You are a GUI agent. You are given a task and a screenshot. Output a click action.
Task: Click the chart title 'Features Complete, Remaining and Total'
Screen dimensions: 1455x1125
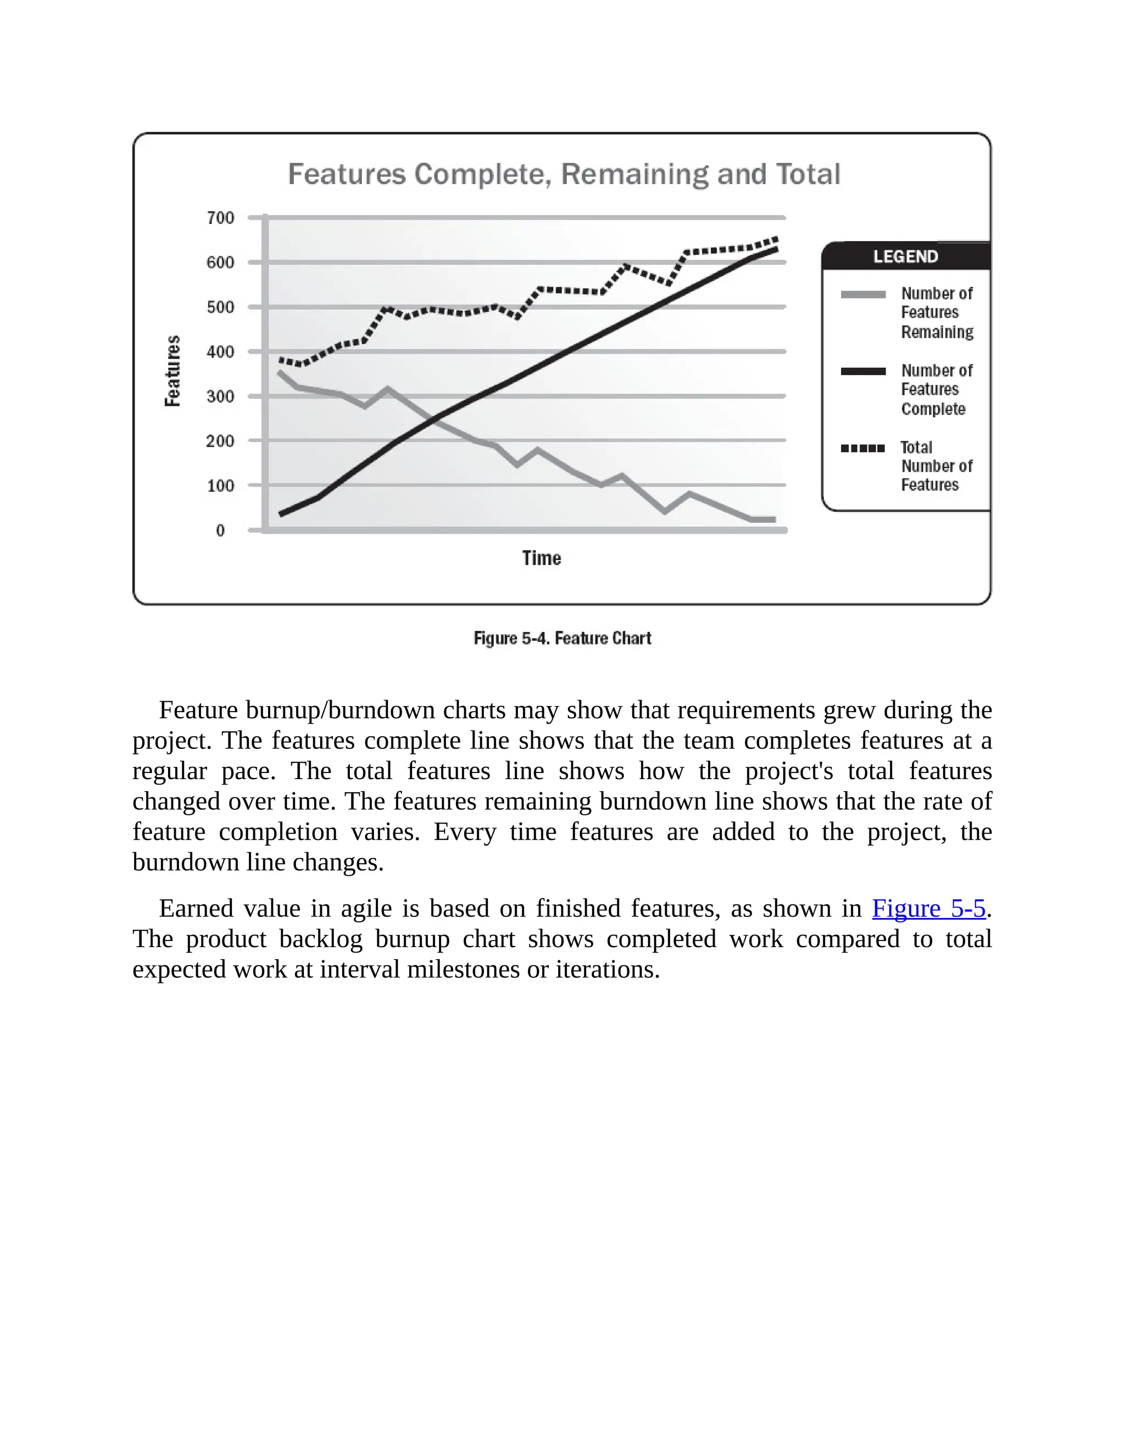click(x=564, y=175)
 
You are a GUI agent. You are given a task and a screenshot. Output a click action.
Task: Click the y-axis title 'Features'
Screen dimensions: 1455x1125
click(x=172, y=371)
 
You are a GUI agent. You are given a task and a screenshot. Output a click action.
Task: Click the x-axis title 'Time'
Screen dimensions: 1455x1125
click(x=541, y=558)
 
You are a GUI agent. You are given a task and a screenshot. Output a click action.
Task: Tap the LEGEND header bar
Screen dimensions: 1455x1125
click(x=906, y=256)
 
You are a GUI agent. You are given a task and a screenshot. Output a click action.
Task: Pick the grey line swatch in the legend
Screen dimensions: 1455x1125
click(x=863, y=294)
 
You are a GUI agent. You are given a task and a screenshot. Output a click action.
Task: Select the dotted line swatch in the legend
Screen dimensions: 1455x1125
click(x=863, y=449)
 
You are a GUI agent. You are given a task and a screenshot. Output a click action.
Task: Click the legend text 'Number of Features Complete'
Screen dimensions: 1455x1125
click(x=937, y=390)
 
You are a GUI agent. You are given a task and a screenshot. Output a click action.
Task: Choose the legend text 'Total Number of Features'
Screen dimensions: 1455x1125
click(x=937, y=466)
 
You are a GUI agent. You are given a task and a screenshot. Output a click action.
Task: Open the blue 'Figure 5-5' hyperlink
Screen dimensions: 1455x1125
click(x=928, y=909)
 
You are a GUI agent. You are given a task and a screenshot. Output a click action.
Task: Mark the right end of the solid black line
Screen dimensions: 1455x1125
click(x=776, y=249)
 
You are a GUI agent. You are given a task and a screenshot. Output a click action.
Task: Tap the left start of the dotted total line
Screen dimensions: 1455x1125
click(x=281, y=360)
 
